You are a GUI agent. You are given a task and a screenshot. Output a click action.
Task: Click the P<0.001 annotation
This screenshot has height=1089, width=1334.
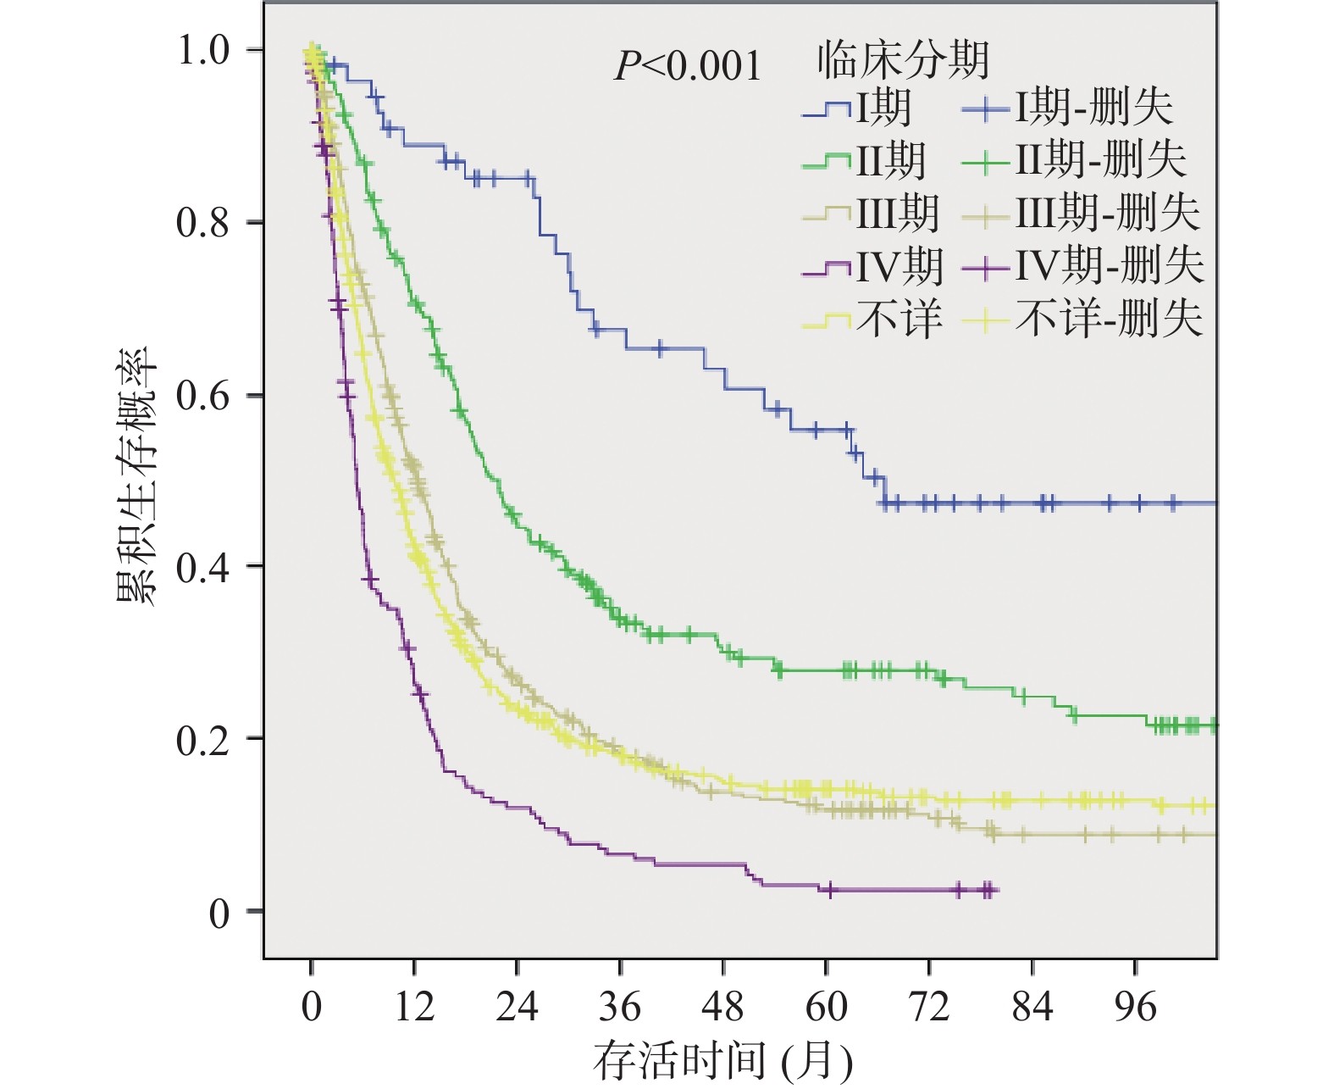tap(687, 66)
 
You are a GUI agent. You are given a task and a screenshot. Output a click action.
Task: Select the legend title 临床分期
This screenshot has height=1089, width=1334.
tap(903, 60)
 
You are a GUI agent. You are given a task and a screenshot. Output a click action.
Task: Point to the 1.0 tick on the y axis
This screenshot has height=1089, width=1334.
tap(203, 50)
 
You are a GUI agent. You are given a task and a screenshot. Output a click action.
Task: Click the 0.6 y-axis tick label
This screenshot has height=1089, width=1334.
tap(203, 396)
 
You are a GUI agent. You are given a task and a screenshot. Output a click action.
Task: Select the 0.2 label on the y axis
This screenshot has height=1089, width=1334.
tap(203, 740)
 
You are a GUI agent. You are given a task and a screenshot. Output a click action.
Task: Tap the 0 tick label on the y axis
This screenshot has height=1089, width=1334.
tap(219, 914)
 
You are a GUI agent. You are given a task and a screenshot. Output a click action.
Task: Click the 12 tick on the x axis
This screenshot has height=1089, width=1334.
tap(414, 1007)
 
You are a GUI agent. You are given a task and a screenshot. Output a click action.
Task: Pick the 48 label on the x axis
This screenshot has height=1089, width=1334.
tap(723, 1007)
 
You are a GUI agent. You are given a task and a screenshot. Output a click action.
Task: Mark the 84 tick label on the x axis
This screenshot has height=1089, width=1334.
tap(1032, 1007)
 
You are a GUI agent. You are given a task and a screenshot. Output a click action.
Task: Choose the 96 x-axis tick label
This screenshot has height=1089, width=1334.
tap(1136, 1007)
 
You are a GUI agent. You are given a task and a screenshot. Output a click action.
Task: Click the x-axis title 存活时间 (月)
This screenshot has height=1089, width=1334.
tap(722, 1060)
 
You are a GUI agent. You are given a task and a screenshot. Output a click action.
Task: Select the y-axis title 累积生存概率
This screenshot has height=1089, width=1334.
tap(138, 475)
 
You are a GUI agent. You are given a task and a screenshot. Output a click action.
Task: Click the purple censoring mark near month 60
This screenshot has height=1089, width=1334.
tap(830, 889)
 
